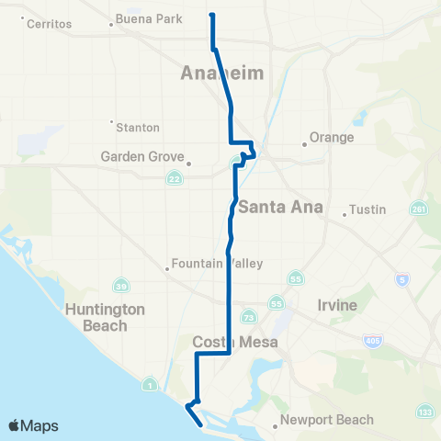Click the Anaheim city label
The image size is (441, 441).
point(223,73)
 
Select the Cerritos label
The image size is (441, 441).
point(51,23)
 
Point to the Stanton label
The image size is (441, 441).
point(138,127)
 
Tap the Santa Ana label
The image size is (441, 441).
point(280,207)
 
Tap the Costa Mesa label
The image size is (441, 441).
point(229,342)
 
